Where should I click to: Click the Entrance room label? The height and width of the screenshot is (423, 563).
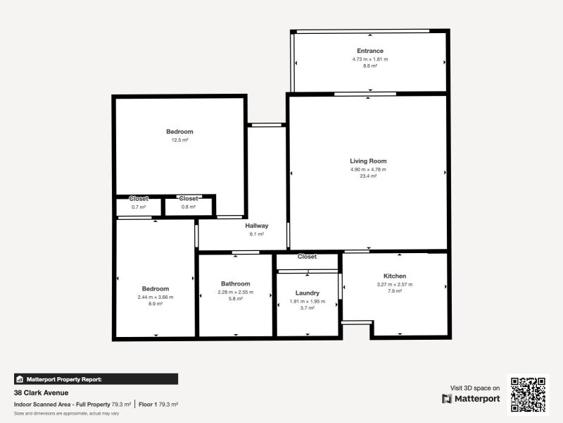coord(370,51)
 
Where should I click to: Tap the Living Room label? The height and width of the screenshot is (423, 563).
coord(369,161)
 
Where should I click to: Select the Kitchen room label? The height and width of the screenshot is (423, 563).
coord(395,276)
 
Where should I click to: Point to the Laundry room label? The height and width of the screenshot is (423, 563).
coord(308,293)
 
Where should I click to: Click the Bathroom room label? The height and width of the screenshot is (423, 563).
coord(235,283)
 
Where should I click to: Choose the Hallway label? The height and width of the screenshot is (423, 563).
coord(257,226)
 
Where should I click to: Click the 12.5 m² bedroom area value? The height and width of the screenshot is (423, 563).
coord(179,140)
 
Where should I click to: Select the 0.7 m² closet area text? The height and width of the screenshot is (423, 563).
coord(139,207)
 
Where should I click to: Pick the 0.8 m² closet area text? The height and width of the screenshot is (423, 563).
coord(189,207)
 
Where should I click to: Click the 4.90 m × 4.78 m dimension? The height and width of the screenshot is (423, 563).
coord(369,169)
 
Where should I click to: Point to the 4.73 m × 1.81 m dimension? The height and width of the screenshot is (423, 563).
coord(370,59)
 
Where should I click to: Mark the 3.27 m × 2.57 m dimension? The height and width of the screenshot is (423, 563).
coord(395,284)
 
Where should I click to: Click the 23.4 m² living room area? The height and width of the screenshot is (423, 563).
coord(369,176)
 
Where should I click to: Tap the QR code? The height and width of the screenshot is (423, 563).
coord(528,395)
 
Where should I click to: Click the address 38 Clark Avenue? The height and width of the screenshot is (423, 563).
coord(40,392)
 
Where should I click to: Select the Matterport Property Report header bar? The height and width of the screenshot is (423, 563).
coord(96,379)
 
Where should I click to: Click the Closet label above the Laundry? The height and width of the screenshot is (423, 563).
coord(307,257)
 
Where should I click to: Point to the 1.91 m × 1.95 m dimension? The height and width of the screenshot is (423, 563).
coord(308,301)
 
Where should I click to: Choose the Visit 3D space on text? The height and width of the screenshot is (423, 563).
coord(475,388)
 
